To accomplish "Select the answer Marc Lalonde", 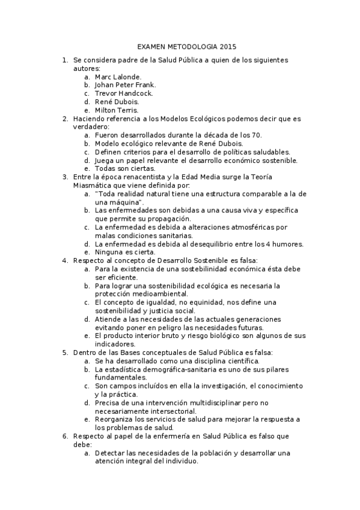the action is pyautogui.click(x=118, y=77).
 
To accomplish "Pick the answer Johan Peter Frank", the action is pyautogui.click(x=125, y=85).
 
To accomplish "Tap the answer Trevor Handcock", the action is pyautogui.click(x=124, y=94).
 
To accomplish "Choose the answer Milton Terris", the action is pyautogui.click(x=117, y=111).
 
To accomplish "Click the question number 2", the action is pyautogui.click(x=65, y=119).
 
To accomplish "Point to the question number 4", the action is pyautogui.click(x=65, y=260).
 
